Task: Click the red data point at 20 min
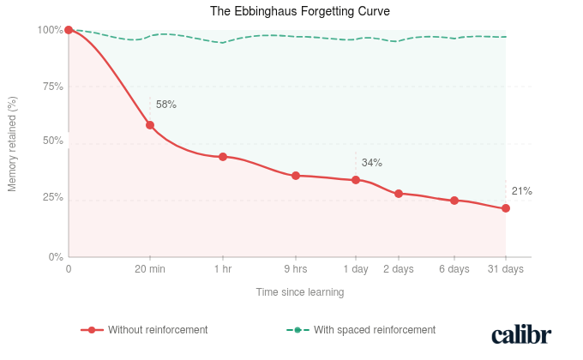click(x=150, y=125)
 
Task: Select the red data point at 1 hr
click(x=223, y=157)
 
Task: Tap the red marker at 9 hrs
click(x=296, y=176)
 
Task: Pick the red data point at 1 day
click(x=356, y=180)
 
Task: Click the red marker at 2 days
click(x=399, y=194)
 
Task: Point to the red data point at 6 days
click(x=454, y=201)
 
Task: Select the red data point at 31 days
click(x=506, y=208)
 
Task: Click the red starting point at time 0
click(x=69, y=30)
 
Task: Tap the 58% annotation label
click(x=166, y=105)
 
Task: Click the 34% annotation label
click(x=372, y=163)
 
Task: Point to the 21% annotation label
click(x=521, y=191)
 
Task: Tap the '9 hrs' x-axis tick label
click(x=296, y=269)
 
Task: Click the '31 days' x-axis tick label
click(x=506, y=269)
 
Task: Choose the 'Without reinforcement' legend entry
click(x=145, y=329)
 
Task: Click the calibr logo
click(x=521, y=334)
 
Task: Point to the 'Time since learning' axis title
click(x=300, y=292)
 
